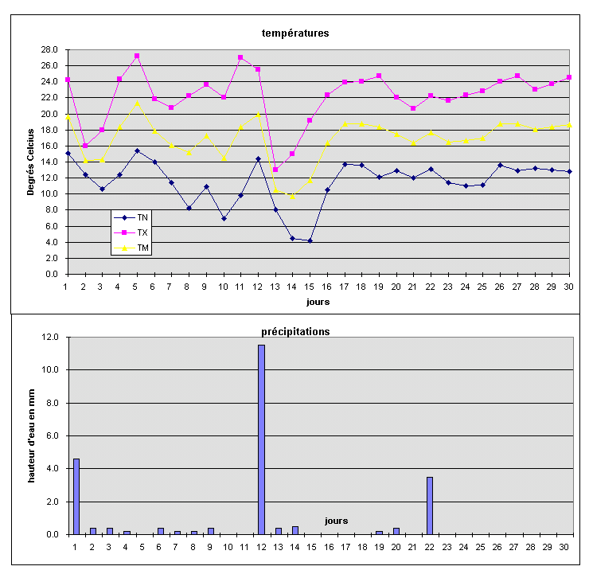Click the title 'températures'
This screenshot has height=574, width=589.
click(x=295, y=33)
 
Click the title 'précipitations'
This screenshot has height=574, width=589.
click(x=296, y=331)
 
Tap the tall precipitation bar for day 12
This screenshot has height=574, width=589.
click(x=261, y=439)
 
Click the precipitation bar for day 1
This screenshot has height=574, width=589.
click(x=76, y=496)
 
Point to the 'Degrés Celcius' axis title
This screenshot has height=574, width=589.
click(x=31, y=162)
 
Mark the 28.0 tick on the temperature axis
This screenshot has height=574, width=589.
click(x=51, y=49)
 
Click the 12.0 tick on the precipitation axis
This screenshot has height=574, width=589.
click(x=50, y=337)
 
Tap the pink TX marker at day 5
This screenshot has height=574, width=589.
click(x=137, y=57)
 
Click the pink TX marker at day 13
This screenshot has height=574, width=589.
click(x=275, y=170)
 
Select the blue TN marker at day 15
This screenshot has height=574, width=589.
click(x=310, y=240)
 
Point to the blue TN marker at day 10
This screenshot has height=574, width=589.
click(x=224, y=218)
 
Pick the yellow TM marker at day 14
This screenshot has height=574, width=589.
click(x=293, y=196)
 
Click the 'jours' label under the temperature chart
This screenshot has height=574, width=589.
click(x=318, y=302)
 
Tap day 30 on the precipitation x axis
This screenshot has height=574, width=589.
click(x=564, y=548)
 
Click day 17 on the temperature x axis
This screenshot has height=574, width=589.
click(x=345, y=287)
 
